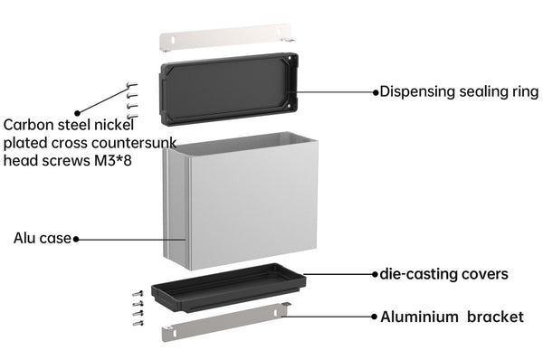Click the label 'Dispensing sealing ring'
[x=459, y=92]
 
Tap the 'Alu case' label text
[x=43, y=239]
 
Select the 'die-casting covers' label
[x=444, y=274]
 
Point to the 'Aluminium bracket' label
[x=452, y=317]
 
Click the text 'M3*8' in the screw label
[x=113, y=161]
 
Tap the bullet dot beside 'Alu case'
[x=76, y=239]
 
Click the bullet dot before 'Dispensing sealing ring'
[x=376, y=92]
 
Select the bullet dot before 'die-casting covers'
[x=375, y=274]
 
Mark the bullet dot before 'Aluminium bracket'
[x=374, y=317]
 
